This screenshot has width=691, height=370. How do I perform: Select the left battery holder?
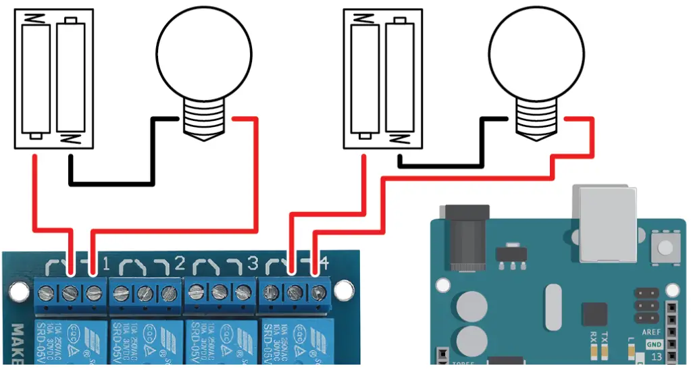coord(53,78)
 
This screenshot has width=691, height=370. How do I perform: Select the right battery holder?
coord(383,78)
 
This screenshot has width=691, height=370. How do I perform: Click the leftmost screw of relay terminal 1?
coord(47,293)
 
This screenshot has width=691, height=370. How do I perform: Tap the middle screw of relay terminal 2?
coord(144,293)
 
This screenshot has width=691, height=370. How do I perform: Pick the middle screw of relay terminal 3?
coord(220,293)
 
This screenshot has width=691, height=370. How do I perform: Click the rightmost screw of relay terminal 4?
coord(318,293)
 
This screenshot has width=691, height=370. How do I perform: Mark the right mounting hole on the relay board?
coord(344,292)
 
